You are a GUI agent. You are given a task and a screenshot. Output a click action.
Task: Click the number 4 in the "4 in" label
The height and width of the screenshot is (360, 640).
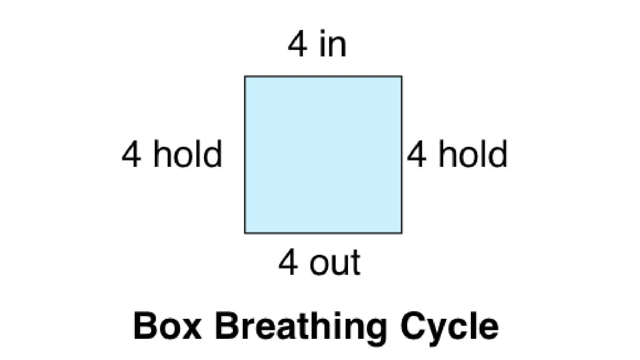298,44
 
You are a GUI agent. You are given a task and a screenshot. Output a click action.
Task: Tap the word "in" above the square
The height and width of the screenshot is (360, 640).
333,44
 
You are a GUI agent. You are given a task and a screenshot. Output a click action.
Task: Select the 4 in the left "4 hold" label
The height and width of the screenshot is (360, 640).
132,154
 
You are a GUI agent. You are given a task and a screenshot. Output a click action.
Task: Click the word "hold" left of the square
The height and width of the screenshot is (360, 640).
187,154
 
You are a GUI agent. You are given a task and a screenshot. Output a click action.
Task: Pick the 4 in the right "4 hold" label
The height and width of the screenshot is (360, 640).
416,154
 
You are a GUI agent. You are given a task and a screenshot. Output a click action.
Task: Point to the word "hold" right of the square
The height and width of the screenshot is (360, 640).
472,154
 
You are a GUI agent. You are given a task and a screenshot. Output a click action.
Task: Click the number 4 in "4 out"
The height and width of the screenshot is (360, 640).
288,263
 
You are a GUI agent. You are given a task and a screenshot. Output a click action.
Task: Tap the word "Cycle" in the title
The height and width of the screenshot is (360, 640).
449,327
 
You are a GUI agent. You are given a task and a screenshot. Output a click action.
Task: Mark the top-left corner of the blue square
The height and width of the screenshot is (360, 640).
245,76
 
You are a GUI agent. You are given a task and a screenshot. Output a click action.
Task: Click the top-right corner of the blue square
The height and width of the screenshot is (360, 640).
402,76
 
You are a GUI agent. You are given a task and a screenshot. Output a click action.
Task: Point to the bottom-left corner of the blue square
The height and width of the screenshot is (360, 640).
245,233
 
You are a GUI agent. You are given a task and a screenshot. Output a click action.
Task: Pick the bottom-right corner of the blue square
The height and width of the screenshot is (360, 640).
402,233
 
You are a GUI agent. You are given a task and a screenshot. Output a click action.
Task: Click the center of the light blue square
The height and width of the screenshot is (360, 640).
323,155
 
